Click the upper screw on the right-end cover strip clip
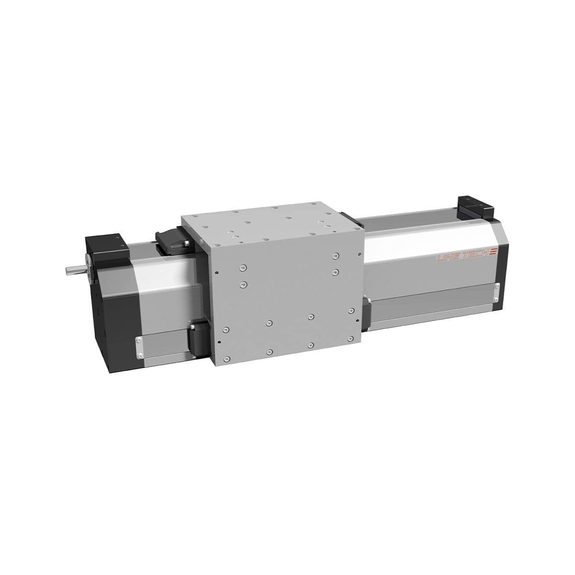[x=497, y=287]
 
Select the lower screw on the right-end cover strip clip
[x=496, y=299]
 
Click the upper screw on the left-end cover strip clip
[x=138, y=340]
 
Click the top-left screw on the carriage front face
[x=244, y=266]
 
